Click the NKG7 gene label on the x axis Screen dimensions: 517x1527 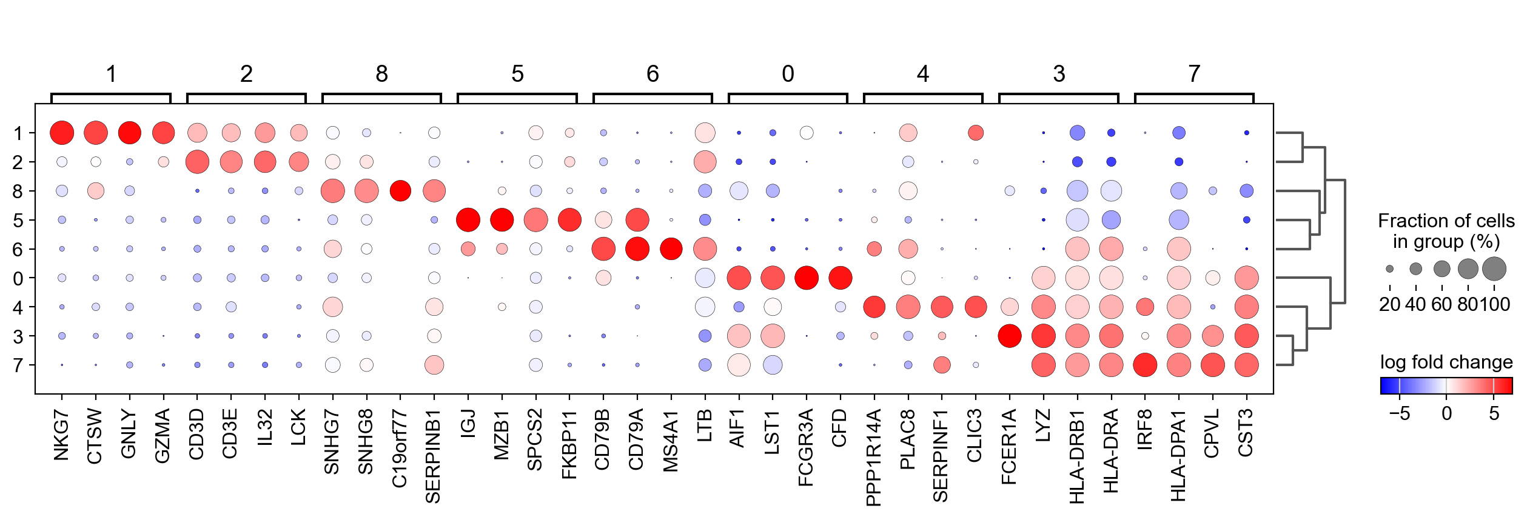point(61,435)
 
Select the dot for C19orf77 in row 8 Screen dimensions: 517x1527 point(400,191)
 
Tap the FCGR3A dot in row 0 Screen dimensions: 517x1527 point(807,278)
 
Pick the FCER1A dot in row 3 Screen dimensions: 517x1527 point(1010,336)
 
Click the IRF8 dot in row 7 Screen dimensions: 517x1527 point(1145,365)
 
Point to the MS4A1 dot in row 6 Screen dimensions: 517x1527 point(671,248)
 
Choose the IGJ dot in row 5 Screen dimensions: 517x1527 point(468,219)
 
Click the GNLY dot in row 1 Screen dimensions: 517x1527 point(129,133)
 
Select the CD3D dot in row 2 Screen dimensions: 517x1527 point(197,162)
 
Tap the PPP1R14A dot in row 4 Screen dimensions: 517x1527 point(874,307)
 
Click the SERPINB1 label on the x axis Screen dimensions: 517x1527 point(433,456)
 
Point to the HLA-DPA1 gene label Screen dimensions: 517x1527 point(1178,455)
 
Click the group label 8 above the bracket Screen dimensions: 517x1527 point(381,74)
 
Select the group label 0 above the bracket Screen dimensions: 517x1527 point(788,74)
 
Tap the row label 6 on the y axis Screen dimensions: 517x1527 point(18,249)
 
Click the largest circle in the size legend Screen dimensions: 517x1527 point(1494,269)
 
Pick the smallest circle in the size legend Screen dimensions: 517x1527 point(1389,269)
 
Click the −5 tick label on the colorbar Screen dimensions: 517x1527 point(1399,414)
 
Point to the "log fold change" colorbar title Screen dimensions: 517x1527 point(1446,362)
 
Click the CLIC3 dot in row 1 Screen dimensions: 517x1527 point(976,133)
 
